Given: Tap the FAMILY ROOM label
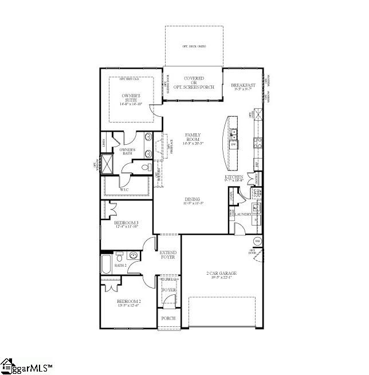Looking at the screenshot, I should pos(193,138).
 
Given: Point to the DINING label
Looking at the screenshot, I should pos(193,200).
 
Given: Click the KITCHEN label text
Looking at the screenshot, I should pos(234,178).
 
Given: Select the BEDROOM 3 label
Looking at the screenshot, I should pos(127,224).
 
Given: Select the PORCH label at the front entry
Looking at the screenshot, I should pos(168,318).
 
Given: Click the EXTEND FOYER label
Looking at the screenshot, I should pos(168,255).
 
